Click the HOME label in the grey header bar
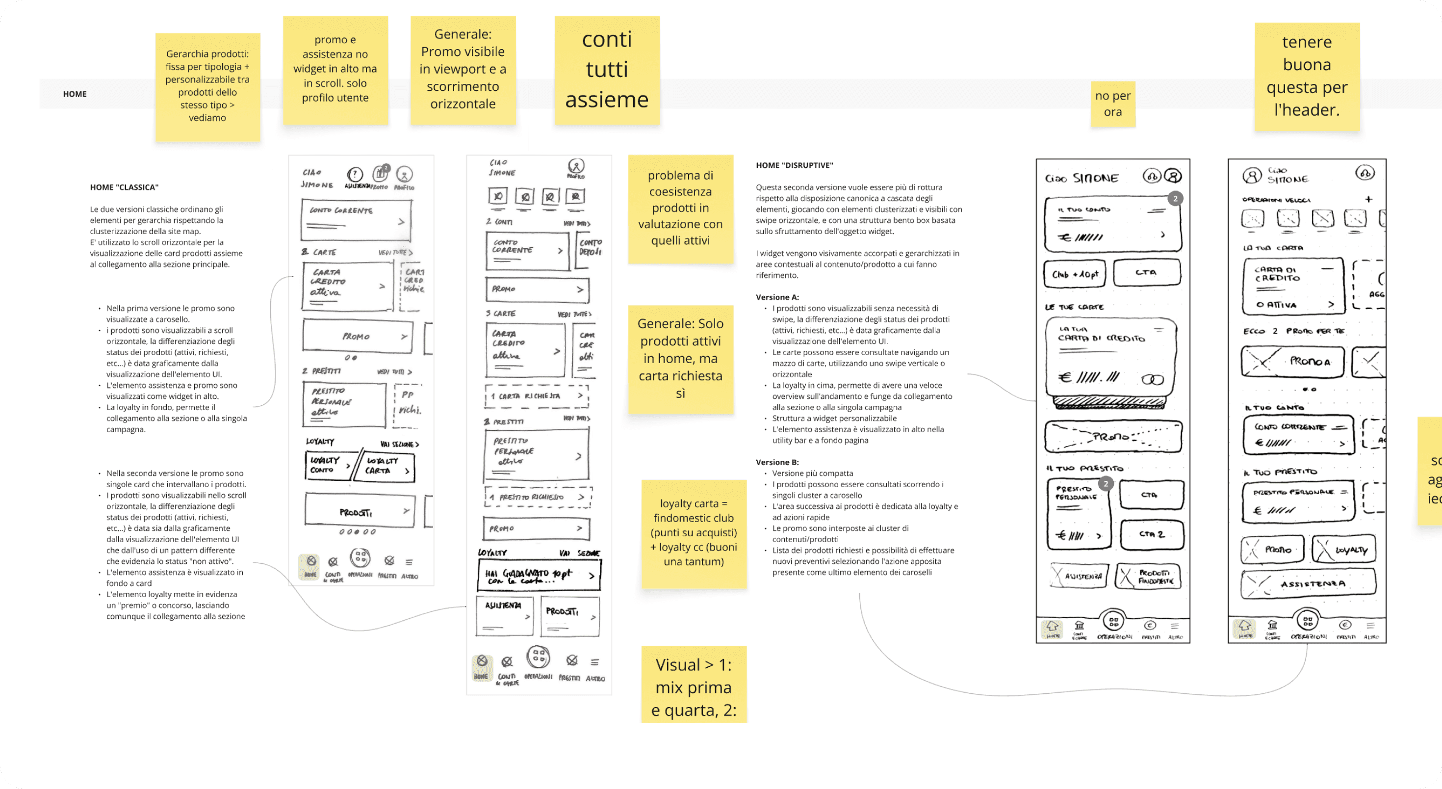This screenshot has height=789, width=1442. point(75,94)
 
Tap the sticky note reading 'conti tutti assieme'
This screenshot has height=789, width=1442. point(607,70)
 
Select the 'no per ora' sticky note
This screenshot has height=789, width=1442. point(1113,104)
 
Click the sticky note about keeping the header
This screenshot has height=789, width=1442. point(1307,76)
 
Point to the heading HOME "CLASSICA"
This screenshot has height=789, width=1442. point(124,187)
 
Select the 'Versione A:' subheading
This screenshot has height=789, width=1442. point(777,297)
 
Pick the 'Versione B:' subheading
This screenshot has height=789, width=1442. point(777,463)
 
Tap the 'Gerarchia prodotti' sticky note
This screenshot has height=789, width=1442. point(207,86)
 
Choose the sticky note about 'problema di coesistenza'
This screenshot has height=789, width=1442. point(680,209)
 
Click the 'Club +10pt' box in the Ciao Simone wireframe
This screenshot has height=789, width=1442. point(1074,274)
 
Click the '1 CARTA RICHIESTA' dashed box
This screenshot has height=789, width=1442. point(536,396)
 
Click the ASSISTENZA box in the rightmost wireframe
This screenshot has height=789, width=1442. point(1308,584)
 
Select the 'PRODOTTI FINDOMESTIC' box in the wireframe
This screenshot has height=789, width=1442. point(1148,576)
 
